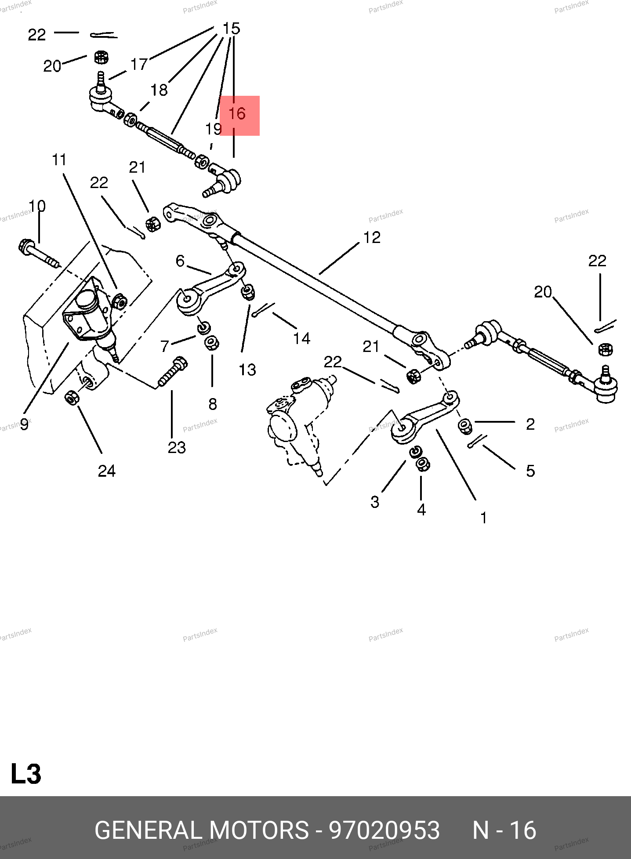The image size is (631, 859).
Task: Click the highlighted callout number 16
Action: pyautogui.click(x=237, y=114)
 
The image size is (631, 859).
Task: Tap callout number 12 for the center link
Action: pyautogui.click(x=372, y=238)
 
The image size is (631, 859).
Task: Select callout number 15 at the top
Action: pyautogui.click(x=231, y=29)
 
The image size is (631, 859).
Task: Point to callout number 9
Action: pyautogui.click(x=24, y=424)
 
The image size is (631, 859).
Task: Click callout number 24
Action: pyautogui.click(x=107, y=471)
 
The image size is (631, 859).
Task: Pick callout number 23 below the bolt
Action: pyautogui.click(x=177, y=448)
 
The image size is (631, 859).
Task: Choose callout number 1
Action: pyautogui.click(x=484, y=518)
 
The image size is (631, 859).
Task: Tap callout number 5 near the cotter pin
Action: pyautogui.click(x=530, y=471)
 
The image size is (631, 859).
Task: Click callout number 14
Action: pyautogui.click(x=302, y=338)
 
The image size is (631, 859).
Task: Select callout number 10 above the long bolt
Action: pyautogui.click(x=37, y=206)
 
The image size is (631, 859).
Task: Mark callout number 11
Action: pyautogui.click(x=59, y=160)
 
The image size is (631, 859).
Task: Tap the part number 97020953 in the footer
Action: pyautogui.click(x=384, y=830)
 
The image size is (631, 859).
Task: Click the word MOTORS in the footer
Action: pyautogui.click(x=259, y=830)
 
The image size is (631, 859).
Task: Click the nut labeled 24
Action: pyautogui.click(x=71, y=398)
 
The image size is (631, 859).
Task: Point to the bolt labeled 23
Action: pyautogui.click(x=172, y=372)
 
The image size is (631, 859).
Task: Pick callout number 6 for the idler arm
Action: pyautogui.click(x=180, y=261)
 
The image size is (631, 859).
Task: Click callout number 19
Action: pyautogui.click(x=213, y=129)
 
